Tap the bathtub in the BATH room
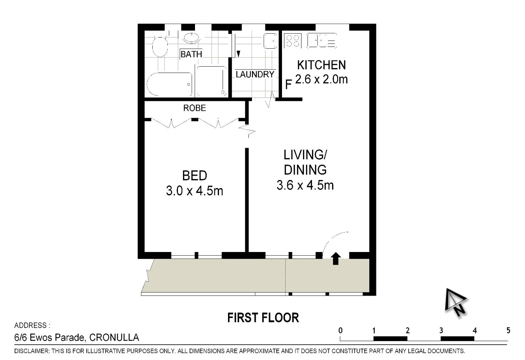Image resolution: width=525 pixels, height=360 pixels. coord(170,84)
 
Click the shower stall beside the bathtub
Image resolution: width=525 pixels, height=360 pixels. coord(211,81)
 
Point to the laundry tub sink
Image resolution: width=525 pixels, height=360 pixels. coord(270,41)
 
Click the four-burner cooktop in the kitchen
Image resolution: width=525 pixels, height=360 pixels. coord(293,41)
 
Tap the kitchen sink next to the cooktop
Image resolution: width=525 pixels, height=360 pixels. coord(321,41)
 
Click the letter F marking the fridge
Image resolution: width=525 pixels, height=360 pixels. coord(288,84)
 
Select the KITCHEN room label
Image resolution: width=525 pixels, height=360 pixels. coord(321,65)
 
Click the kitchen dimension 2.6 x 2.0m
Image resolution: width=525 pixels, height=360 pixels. coord(321,79)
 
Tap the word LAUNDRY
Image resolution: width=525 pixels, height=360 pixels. coord(255,74)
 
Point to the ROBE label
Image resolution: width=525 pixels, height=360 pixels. coord(195,108)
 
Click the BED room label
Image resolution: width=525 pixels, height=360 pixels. coord(195,176)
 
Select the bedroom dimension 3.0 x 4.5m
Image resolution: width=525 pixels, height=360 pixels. coord(195,191)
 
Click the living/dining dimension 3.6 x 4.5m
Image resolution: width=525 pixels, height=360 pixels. coord(305,185)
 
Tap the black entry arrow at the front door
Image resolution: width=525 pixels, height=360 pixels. coord(336,258)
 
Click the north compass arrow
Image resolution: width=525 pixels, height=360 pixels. coord(455,302)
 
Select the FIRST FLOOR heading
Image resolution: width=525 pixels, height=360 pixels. coord(263,318)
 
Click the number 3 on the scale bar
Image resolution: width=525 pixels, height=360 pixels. coord(441,331)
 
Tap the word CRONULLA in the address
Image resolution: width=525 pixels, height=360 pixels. coord(114,337)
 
